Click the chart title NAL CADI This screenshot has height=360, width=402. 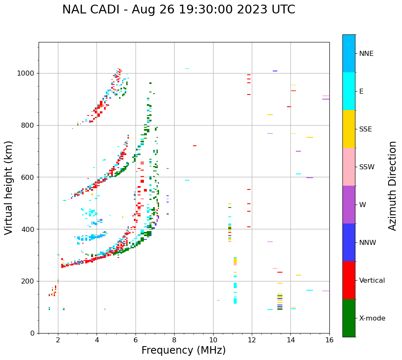point(178,10)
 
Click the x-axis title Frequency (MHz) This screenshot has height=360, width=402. point(183,350)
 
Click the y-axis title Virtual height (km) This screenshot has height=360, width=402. point(9,187)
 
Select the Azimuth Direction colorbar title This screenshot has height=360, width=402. point(392,185)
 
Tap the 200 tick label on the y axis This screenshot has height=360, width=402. point(29,281)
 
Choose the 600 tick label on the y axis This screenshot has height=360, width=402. point(29,177)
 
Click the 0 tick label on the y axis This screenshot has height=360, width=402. point(32,333)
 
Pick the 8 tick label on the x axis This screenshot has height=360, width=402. point(174,340)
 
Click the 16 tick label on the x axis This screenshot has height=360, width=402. point(329,340)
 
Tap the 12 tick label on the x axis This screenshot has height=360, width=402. point(252,340)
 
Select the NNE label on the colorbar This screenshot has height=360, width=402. point(366,54)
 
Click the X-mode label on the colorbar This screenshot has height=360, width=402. point(372,318)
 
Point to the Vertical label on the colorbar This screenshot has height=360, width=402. point(372,281)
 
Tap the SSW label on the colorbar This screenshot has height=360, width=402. point(367,167)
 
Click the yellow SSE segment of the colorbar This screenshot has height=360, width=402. point(349,129)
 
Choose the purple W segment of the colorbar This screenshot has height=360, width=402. point(349,205)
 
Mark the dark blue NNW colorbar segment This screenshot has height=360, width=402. point(349,242)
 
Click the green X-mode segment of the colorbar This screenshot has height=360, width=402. point(349,318)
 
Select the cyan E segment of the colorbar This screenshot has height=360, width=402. point(349,91)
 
